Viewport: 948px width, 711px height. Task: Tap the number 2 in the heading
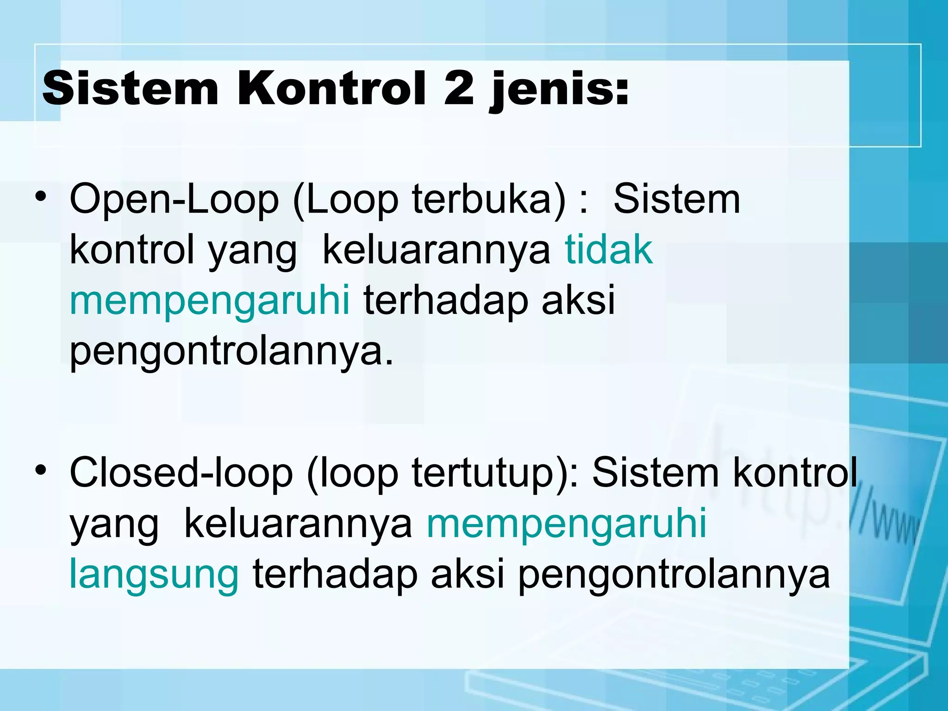tap(458, 88)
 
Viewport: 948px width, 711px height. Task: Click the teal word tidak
tap(608, 250)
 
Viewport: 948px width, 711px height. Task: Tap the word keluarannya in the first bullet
tap(437, 250)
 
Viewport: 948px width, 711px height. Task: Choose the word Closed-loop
tap(181, 473)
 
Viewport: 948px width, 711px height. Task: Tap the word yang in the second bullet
tap(114, 526)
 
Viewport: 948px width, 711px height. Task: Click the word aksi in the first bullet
tap(578, 300)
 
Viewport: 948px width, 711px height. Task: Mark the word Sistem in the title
tap(130, 88)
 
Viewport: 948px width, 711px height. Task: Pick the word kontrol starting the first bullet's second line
tap(131, 250)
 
